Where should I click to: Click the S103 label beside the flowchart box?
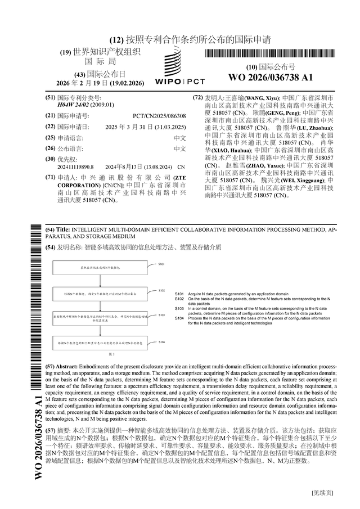[x=161, y=316]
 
